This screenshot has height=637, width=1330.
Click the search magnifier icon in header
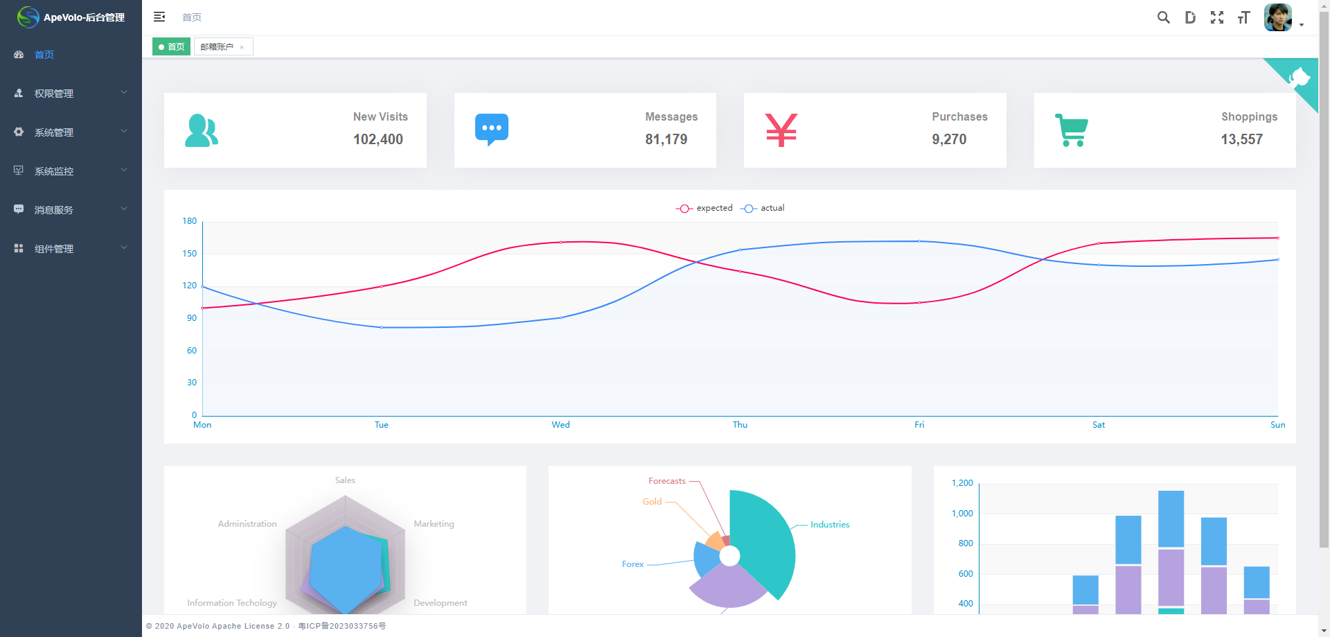[x=1163, y=17]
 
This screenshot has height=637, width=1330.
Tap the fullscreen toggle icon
[x=1216, y=17]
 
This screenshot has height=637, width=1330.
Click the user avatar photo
[x=1277, y=17]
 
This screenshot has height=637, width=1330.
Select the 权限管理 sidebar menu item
[x=54, y=94]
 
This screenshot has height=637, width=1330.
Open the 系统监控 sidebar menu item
[x=54, y=171]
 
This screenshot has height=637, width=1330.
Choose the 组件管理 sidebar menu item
[x=54, y=249]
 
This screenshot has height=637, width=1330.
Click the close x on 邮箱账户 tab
[x=242, y=47]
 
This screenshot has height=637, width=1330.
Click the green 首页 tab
[x=171, y=46]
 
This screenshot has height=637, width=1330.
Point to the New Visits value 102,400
[x=378, y=139]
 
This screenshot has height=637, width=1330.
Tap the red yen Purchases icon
[x=781, y=130]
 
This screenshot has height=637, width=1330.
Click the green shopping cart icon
[x=1071, y=130]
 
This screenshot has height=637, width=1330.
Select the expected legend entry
[x=704, y=208]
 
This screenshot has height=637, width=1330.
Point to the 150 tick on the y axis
[x=189, y=254]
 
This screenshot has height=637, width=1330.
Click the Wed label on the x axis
[x=560, y=425]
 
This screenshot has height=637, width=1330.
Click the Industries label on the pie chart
[x=829, y=525]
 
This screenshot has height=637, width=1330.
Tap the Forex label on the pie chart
[x=632, y=564]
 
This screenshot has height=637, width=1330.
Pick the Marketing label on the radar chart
[x=434, y=524]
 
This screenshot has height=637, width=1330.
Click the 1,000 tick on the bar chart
[x=961, y=514]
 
